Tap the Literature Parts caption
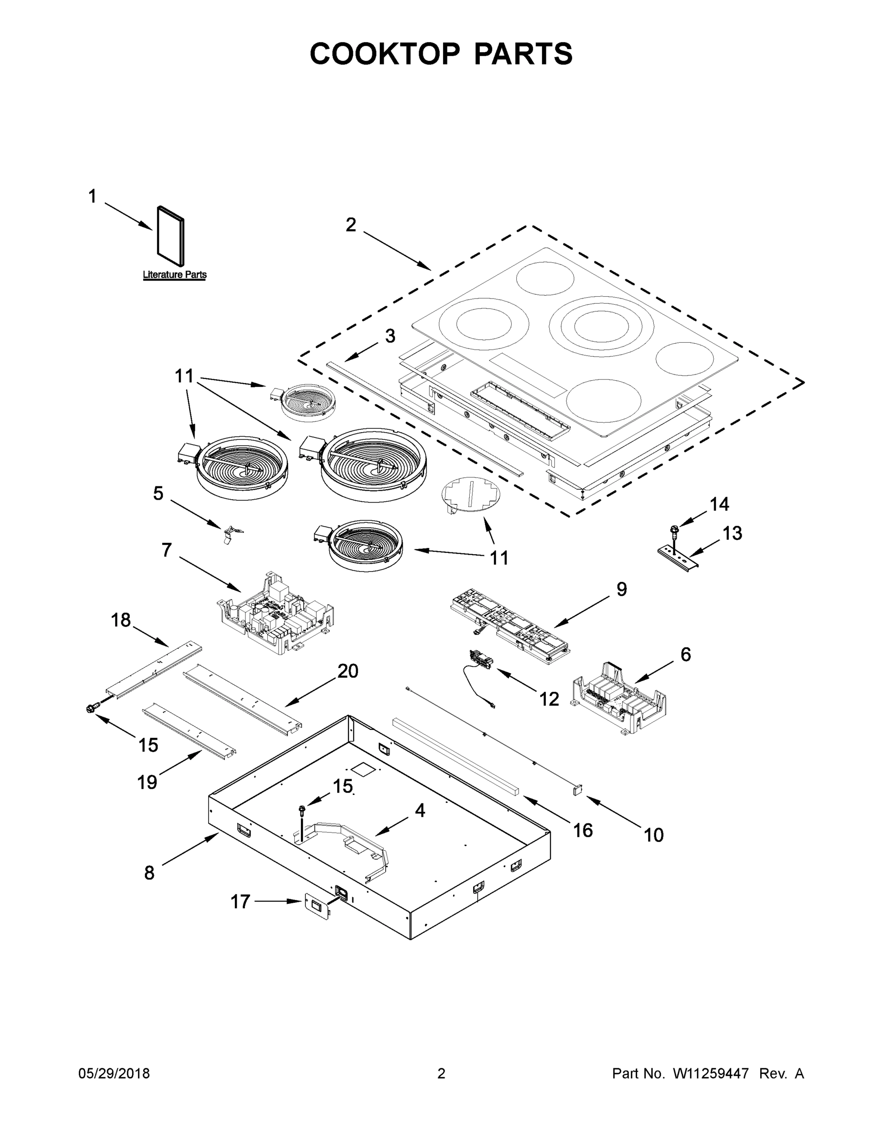click(174, 275)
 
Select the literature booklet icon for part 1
click(170, 235)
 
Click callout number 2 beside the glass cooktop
click(350, 225)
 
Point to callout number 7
click(167, 550)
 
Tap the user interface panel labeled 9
click(509, 625)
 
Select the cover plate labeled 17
click(318, 906)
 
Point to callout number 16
click(583, 830)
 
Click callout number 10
click(653, 835)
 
